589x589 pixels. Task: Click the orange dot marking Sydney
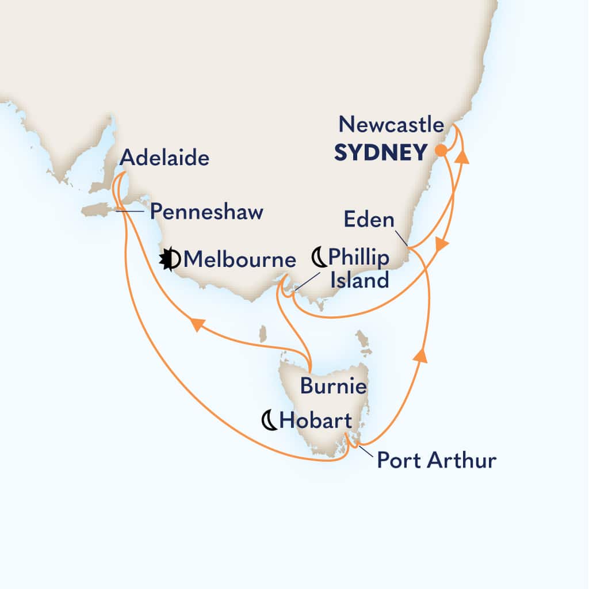point(441,151)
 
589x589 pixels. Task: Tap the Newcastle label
point(391,125)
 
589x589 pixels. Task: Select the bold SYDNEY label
point(381,152)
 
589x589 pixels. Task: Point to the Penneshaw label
point(206,212)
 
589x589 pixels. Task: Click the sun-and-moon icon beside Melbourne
point(171,259)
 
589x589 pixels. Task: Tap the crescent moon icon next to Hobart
point(269,421)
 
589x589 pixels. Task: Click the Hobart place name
point(312,421)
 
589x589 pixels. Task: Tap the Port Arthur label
point(436,460)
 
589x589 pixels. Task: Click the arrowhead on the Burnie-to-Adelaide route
point(197,325)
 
